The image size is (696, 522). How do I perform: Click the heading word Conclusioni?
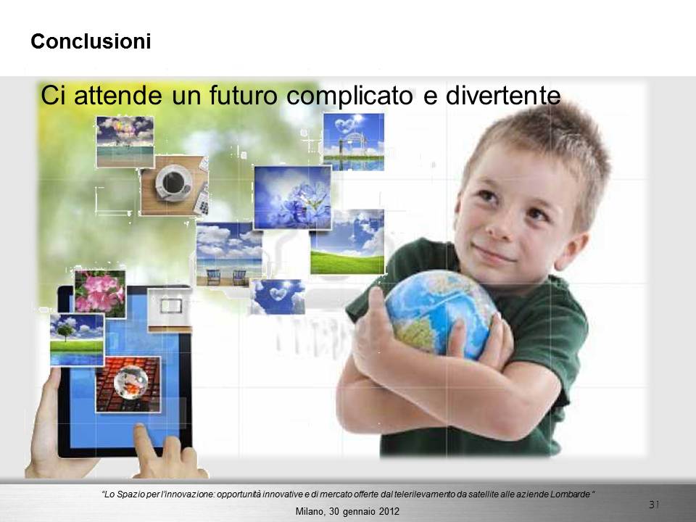(91, 42)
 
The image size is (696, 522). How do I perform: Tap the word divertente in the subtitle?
(503, 96)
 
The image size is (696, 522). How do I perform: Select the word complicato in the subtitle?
(349, 96)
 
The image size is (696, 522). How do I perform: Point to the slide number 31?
(654, 505)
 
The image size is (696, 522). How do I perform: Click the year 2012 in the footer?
(389, 511)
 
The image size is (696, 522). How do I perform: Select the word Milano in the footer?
(310, 511)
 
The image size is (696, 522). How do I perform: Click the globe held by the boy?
(440, 313)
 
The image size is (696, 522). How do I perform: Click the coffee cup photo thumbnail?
(175, 185)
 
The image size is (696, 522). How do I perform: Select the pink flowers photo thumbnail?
(100, 294)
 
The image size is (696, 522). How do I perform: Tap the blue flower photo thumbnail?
(292, 197)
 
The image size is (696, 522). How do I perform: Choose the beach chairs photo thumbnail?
(229, 254)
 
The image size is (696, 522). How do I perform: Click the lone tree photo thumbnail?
(78, 339)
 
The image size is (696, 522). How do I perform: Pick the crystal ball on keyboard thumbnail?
(128, 384)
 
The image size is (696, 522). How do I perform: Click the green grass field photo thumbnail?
(347, 242)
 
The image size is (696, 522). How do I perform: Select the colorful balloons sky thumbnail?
(125, 142)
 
